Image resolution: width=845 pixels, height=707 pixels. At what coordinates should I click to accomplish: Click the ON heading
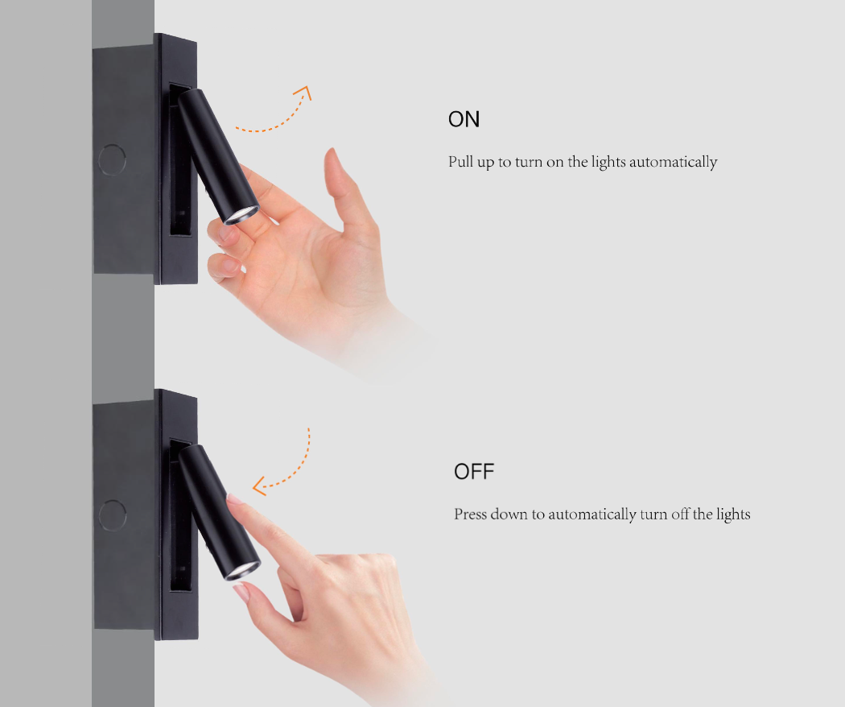(464, 120)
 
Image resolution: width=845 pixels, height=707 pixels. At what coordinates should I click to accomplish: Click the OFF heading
(473, 472)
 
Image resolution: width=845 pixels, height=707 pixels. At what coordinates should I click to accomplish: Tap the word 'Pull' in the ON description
(461, 163)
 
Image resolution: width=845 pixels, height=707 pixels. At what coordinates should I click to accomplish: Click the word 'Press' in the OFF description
(469, 514)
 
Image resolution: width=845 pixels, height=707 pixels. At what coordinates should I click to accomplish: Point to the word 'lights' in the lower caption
(733, 514)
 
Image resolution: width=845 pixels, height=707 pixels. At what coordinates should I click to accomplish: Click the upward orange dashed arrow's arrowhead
(303, 92)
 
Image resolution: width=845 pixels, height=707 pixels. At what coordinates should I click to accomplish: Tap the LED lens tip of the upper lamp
(242, 214)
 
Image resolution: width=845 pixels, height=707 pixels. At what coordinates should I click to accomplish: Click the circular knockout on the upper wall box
(112, 159)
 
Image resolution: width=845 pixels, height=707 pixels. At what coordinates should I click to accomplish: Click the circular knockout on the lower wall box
(112, 515)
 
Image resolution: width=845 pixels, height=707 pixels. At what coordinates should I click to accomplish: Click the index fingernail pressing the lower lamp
(234, 499)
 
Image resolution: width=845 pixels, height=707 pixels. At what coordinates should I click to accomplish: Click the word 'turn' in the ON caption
(529, 163)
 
